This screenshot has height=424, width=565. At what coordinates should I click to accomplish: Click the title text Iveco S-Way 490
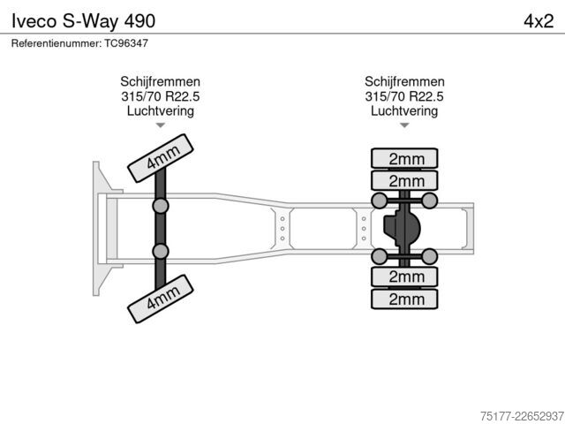click(83, 21)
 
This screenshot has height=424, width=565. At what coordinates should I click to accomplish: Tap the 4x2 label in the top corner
click(539, 21)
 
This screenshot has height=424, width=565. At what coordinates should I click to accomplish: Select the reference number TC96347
click(126, 43)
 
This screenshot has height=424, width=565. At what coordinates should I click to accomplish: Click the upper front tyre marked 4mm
click(161, 158)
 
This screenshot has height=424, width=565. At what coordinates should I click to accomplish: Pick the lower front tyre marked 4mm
click(161, 299)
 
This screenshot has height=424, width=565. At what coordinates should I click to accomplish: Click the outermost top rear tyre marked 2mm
click(404, 159)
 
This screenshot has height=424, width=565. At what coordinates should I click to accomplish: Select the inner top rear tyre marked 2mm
click(404, 180)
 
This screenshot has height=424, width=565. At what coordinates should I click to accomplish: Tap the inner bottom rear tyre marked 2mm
click(404, 276)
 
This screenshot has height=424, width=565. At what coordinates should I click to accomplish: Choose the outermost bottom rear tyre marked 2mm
click(404, 299)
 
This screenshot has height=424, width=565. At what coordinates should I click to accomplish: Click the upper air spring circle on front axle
click(161, 206)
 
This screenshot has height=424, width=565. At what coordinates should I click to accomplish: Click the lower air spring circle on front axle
click(161, 251)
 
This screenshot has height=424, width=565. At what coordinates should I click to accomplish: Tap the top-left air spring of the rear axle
click(380, 201)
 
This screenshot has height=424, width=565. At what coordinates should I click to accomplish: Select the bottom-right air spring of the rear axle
click(429, 256)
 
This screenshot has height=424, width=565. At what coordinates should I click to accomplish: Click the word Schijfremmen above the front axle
click(161, 82)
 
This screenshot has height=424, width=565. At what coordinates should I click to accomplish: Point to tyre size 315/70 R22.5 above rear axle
click(404, 96)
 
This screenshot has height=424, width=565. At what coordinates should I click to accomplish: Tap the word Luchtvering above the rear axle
click(404, 111)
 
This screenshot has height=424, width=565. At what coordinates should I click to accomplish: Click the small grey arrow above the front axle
click(161, 125)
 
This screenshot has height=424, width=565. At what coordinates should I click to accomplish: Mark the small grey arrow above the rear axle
click(404, 125)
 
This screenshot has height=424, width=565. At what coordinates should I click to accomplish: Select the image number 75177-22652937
click(522, 416)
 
